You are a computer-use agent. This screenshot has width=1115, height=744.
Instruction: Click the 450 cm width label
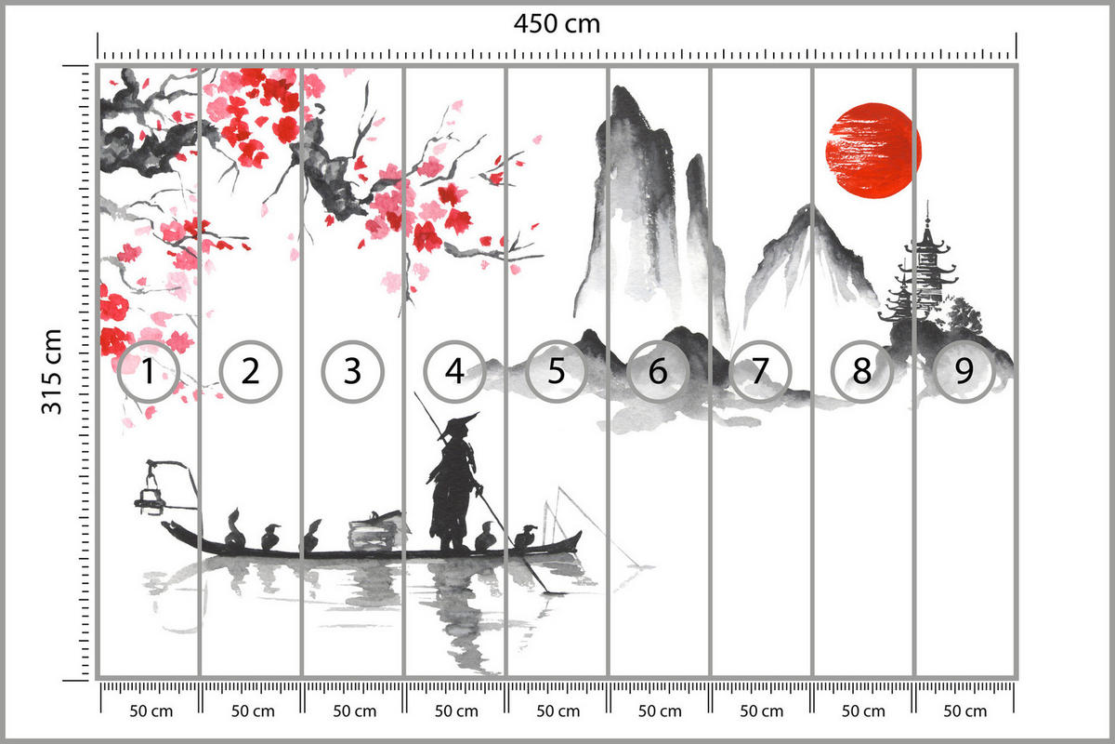click(557, 24)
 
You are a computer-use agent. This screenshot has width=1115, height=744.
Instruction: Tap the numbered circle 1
click(148, 372)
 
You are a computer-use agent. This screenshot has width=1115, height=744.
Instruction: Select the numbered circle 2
click(250, 372)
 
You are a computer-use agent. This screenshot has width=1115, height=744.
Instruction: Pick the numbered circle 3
click(352, 372)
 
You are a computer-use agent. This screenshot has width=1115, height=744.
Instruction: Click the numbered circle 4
click(454, 372)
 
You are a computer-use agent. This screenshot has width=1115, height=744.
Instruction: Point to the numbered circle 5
click(557, 372)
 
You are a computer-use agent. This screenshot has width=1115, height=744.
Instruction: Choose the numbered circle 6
click(658, 372)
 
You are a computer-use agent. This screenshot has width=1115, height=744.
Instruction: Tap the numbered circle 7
click(760, 372)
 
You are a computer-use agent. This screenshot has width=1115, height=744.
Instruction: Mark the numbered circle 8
click(862, 372)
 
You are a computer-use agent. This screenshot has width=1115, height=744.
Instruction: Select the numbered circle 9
click(964, 372)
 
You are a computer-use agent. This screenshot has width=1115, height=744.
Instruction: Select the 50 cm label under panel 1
click(149, 711)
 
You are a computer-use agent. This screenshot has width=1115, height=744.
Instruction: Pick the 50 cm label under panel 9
click(964, 711)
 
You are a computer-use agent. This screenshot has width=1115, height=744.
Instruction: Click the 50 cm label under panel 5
click(557, 711)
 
